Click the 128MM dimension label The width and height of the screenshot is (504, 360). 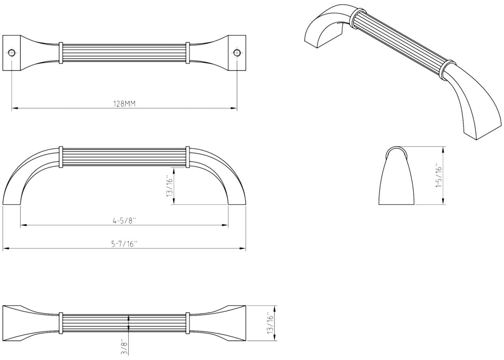[x=124, y=104]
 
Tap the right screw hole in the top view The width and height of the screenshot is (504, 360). [x=237, y=53]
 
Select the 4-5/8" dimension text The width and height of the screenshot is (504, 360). [x=125, y=221]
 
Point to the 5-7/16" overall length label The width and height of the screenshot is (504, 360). [x=124, y=244]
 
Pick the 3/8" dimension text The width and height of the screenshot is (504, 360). [x=124, y=346]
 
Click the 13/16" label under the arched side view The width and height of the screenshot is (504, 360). [x=169, y=186]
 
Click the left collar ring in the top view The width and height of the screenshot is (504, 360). [x=61, y=53]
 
